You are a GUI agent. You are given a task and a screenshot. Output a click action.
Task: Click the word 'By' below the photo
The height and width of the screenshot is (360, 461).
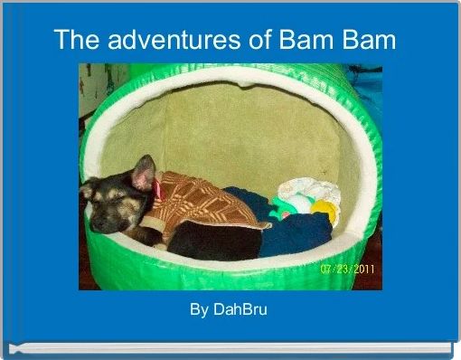[x=199, y=310]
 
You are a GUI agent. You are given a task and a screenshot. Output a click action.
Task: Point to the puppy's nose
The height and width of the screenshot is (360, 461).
[x=87, y=192]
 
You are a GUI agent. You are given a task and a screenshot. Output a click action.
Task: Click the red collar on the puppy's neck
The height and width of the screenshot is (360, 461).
[x=157, y=188]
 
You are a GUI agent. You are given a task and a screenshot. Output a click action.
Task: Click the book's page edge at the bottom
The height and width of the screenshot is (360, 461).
[x=230, y=347]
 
